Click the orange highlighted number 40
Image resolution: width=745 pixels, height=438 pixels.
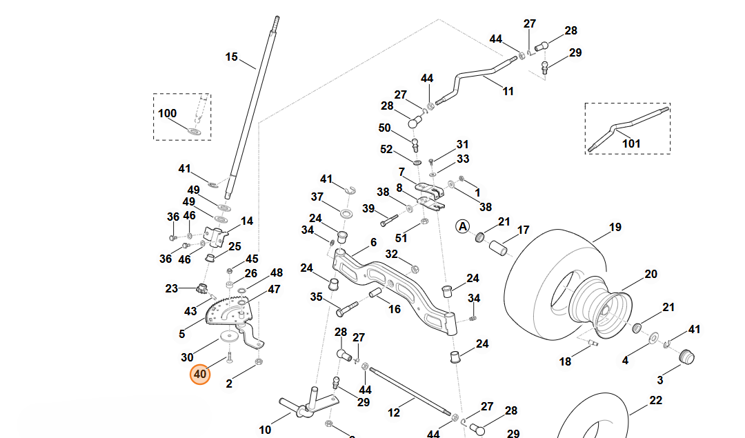200,375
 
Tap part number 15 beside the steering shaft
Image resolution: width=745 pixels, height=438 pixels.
231,57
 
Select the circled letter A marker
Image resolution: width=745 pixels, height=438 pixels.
462,227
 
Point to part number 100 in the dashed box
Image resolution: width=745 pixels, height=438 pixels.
167,114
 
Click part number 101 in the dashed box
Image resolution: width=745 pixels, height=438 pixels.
631,143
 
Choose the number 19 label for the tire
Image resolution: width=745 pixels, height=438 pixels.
615,228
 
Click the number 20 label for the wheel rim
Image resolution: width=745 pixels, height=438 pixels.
651,274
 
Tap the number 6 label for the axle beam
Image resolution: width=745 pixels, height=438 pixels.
373,242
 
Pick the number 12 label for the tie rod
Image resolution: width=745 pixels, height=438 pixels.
394,412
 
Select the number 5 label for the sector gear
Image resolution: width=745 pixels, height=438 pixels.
182,334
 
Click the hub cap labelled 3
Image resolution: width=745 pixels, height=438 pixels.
686,357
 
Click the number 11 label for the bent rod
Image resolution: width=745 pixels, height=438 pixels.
508,92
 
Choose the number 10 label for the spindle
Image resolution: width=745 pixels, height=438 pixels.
265,430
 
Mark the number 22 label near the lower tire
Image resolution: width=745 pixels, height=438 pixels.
656,401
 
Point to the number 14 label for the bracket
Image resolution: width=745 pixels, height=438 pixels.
247,221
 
